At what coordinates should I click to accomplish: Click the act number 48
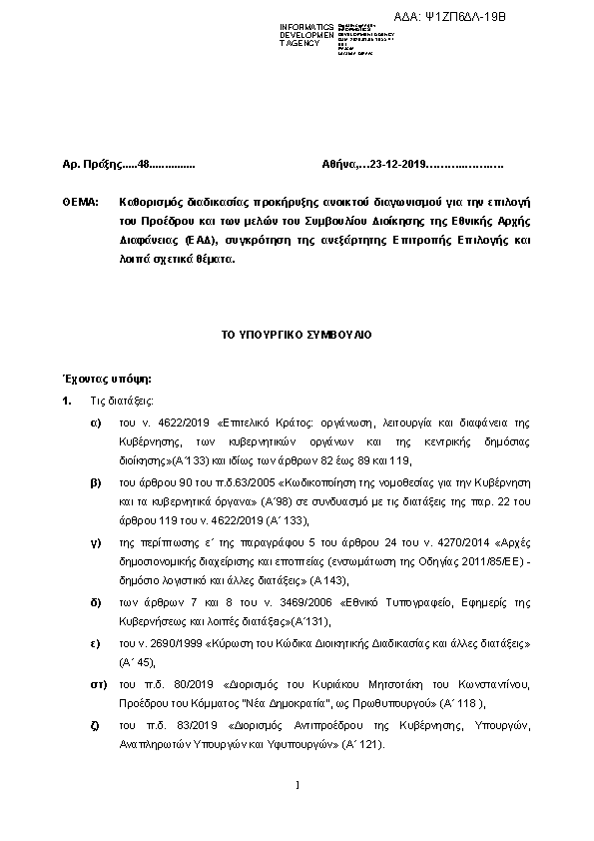coord(142,163)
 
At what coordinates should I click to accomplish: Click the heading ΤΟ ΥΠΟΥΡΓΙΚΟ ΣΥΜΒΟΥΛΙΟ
coord(297,335)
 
